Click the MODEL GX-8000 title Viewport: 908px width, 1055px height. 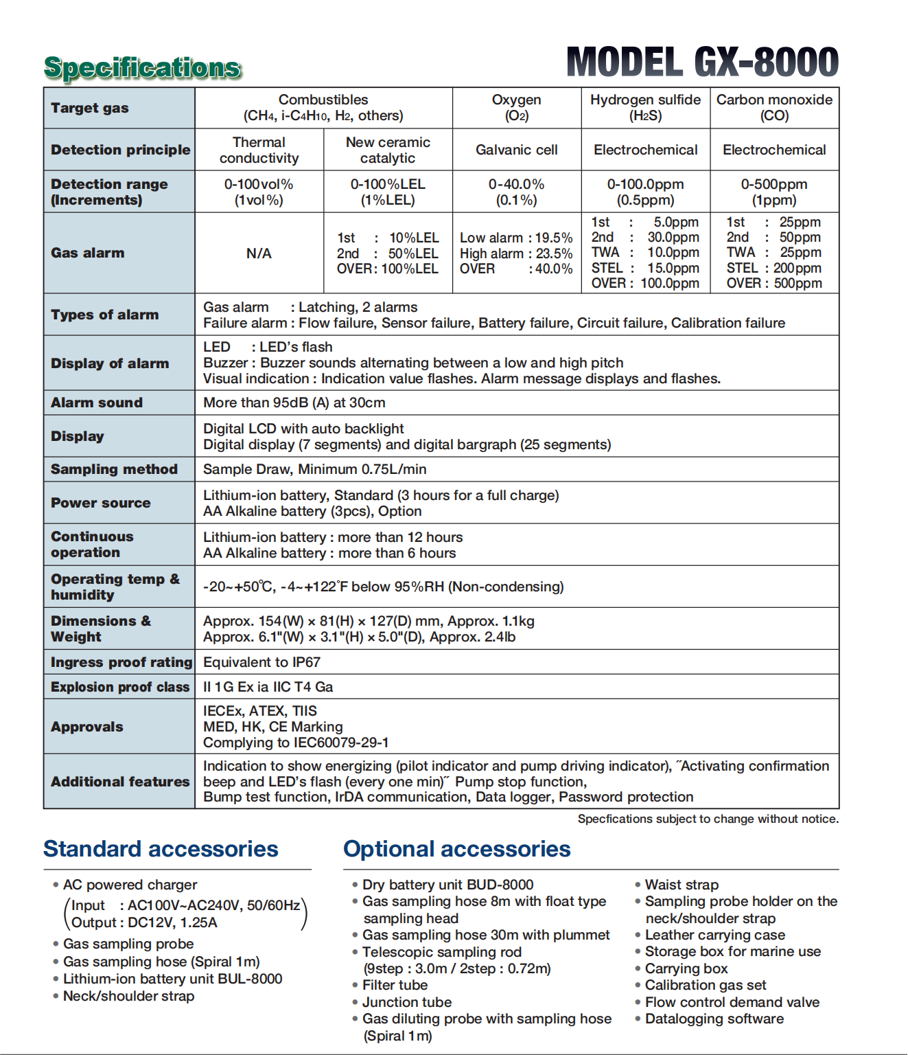pos(702,63)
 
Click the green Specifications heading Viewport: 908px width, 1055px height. pos(143,67)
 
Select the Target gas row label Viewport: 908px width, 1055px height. pos(90,108)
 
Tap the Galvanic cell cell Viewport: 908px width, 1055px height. pos(516,150)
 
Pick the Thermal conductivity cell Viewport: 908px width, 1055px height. pos(259,150)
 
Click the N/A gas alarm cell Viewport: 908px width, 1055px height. pos(259,253)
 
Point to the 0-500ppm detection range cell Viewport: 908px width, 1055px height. pos(773,192)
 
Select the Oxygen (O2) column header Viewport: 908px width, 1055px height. pos(516,108)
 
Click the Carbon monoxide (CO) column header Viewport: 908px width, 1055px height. pos(774,108)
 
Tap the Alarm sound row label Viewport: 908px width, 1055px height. pos(97,402)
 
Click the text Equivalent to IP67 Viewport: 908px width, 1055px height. pos(261,662)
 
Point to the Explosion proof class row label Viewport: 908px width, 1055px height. pos(120,687)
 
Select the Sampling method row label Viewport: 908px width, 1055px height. pos(114,469)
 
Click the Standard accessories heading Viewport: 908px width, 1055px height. pos(161,849)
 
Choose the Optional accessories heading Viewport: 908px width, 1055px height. pos(456,849)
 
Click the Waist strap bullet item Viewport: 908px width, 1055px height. pos(682,885)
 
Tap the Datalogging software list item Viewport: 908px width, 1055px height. pos(714,1019)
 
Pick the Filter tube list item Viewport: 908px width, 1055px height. pos(395,985)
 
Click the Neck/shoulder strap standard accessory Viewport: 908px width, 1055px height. pos(128,996)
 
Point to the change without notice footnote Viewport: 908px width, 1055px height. pos(708,819)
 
